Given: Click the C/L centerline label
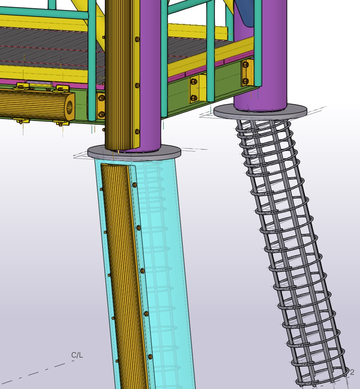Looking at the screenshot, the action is (77, 355).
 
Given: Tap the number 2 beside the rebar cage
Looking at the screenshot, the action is (352, 372).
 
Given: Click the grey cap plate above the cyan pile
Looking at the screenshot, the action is (134, 152).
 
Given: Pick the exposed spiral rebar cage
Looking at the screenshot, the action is (290, 248).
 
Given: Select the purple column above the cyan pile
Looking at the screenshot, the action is (150, 74).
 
